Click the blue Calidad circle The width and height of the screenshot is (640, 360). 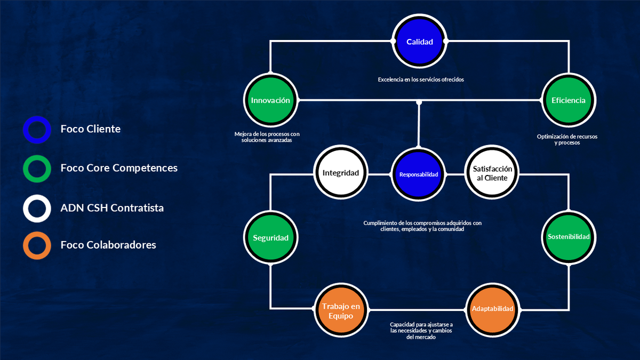[x=419, y=41]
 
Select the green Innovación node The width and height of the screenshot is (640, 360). [x=270, y=100]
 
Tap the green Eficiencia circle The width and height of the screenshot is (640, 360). [x=569, y=100]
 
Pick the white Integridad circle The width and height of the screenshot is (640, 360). [x=341, y=172]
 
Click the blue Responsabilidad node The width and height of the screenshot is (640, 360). [x=419, y=174]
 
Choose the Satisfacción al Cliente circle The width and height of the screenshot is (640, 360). [x=492, y=172]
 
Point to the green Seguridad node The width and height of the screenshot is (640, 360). [x=270, y=237]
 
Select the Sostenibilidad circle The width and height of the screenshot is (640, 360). [x=569, y=237]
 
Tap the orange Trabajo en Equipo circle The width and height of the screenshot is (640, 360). [x=341, y=310]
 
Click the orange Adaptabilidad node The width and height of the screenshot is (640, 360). [x=492, y=310]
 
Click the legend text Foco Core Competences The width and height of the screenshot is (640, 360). [x=119, y=168]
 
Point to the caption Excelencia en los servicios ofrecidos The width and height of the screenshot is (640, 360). [x=421, y=79]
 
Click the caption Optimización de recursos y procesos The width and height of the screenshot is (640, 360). [x=567, y=139]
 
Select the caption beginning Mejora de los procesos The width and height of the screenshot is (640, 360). [x=267, y=137]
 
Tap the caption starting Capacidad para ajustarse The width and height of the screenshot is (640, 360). [x=421, y=331]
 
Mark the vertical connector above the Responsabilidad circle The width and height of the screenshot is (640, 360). [x=419, y=124]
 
